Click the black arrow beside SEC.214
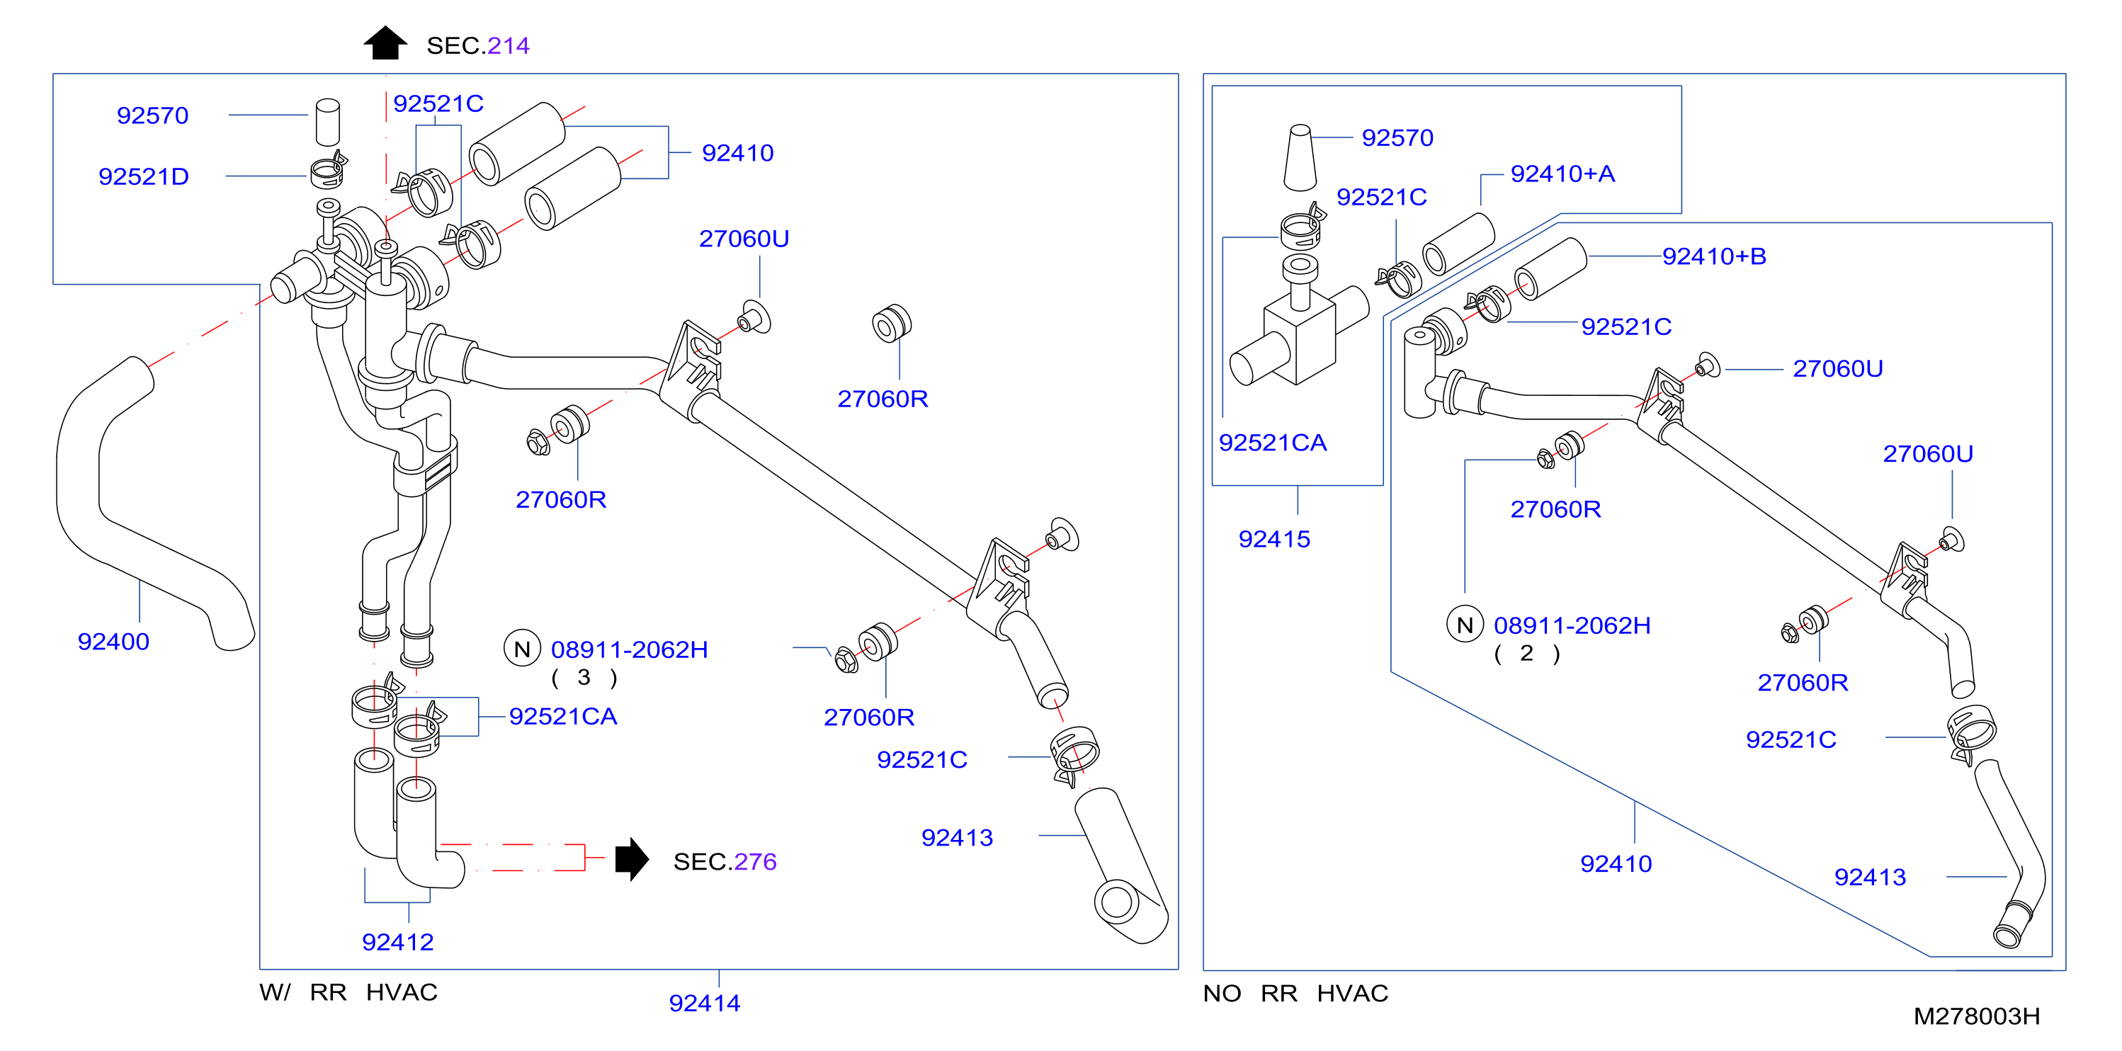[385, 42]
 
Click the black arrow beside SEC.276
[632, 859]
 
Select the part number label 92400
[113, 642]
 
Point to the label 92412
[398, 942]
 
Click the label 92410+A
[1562, 174]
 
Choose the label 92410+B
[1714, 256]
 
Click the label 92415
[1274, 540]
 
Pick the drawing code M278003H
[1976, 1016]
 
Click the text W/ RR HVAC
[348, 992]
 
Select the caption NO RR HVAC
[1295, 994]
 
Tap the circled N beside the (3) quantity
[522, 649]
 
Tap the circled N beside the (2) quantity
[1465, 625]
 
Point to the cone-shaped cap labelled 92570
[1300, 157]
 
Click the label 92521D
[144, 176]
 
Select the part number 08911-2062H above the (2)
[1572, 626]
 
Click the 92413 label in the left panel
[957, 838]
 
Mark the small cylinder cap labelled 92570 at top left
[328, 122]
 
